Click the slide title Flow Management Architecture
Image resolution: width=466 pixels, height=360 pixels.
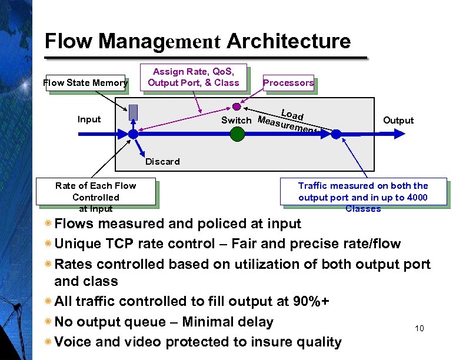point(197,42)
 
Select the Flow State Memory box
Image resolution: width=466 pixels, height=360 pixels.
point(85,83)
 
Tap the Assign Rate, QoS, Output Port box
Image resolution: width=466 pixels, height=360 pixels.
point(193,77)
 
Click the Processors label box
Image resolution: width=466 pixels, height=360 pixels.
point(288,83)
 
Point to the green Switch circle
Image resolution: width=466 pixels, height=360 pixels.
point(237,134)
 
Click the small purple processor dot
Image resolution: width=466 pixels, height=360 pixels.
point(237,107)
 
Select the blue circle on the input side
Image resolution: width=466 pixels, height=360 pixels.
point(134,134)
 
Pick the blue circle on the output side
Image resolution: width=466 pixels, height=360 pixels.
point(335,134)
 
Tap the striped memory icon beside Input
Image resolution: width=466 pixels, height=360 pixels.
point(134,113)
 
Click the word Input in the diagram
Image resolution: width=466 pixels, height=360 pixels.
point(89,119)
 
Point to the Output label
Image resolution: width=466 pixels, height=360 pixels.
point(398,120)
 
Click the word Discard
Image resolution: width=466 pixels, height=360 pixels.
point(162,161)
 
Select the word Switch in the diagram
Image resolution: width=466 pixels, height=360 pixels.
point(236,121)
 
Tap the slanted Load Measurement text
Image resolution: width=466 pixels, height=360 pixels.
point(288,120)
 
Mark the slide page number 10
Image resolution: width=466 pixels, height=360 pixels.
point(419,328)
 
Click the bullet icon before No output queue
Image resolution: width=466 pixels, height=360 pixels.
point(48,322)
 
